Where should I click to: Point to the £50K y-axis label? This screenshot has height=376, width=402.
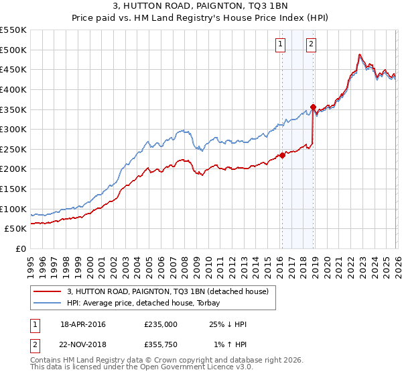16,229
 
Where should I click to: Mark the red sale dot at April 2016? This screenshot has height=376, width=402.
282,155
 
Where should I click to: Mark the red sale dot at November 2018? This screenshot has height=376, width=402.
313,107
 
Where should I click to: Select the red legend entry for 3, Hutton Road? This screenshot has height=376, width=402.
167,291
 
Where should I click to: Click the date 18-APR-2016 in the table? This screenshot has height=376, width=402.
83,324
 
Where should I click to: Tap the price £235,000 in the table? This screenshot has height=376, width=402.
161,324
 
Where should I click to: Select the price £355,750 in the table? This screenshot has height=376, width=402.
161,345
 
